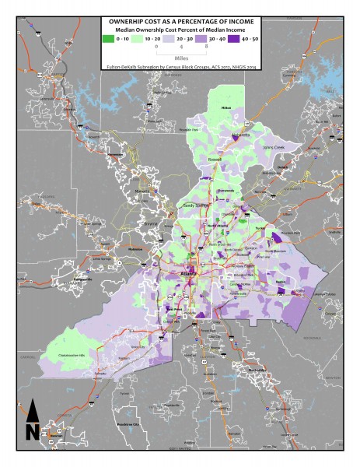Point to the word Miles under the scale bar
coord(180,57)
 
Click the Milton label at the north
coord(227,107)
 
